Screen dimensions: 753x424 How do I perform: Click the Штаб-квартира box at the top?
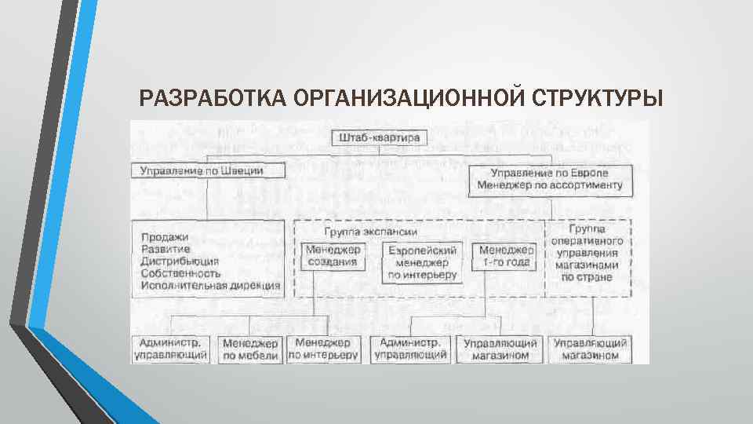point(380,138)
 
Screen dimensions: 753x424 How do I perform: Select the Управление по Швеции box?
point(202,170)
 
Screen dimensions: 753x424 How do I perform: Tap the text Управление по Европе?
point(549,172)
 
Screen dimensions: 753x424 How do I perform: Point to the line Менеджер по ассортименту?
point(549,185)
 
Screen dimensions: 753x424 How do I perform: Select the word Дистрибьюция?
point(180,261)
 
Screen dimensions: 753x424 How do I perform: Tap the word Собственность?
point(181,273)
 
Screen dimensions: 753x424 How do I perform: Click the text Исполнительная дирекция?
point(211,286)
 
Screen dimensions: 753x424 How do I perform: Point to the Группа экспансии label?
point(370,232)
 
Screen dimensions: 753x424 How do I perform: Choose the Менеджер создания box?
point(333,257)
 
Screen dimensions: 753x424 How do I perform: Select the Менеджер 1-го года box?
point(504,257)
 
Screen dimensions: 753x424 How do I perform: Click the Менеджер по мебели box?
point(250,349)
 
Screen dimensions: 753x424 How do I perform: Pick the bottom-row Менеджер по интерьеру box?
point(323,349)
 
